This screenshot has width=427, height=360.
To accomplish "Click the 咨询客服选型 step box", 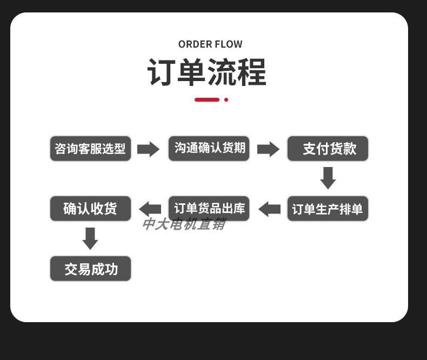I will tap(90, 149).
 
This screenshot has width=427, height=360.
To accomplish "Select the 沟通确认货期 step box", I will tap(209, 149).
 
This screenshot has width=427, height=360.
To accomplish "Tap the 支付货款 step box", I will tap(328, 149).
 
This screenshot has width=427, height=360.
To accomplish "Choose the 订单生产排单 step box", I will tap(328, 209).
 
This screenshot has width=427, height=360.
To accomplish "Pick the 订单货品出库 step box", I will tap(209, 209).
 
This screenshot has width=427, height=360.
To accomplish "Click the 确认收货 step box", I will tap(90, 209).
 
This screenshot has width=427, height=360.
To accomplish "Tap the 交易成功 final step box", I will tap(90, 269).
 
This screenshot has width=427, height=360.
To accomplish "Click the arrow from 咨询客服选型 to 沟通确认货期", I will tap(148, 149).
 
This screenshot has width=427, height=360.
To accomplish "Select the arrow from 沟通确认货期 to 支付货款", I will tap(268, 149).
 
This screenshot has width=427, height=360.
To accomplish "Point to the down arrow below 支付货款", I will tap(328, 178).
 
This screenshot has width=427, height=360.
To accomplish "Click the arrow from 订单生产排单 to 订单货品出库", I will tap(269, 209).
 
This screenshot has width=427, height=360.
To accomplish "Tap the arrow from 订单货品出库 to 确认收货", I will tap(150, 209).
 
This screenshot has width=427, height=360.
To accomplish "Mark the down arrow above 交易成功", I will tap(90, 238).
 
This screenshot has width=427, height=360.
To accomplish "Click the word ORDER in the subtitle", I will tap(195, 44).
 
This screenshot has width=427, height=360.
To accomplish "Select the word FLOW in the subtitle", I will tap(229, 44).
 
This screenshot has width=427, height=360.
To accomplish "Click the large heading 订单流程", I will tap(207, 72).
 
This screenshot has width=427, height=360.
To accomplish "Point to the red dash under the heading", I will tap(207, 99).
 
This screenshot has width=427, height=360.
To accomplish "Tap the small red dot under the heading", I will tap(226, 99).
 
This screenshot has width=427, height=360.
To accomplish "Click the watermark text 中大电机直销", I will tap(183, 224).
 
